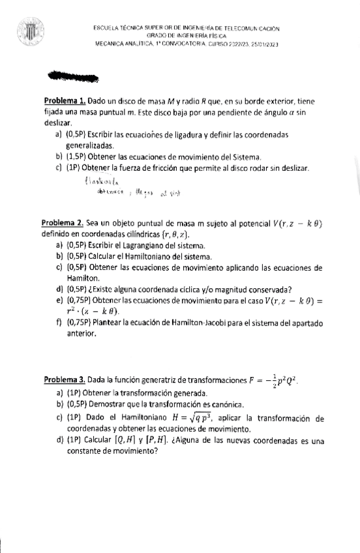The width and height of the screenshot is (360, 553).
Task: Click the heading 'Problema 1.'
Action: click(65, 102)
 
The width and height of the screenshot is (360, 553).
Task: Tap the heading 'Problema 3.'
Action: click(65, 380)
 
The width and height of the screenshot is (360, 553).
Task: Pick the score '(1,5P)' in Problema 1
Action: click(77, 157)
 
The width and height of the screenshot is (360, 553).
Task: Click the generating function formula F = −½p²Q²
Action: click(275, 380)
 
